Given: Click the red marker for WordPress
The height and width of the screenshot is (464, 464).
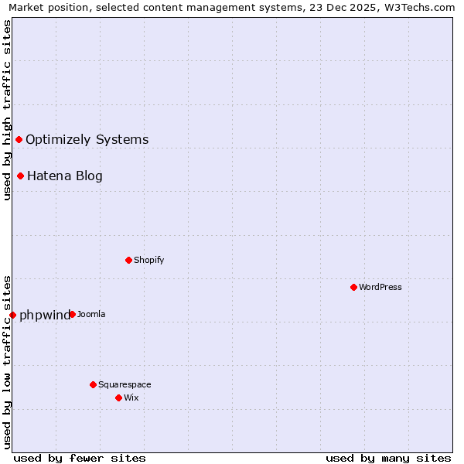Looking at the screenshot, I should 353,287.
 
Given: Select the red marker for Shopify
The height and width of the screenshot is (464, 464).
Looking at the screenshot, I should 128,260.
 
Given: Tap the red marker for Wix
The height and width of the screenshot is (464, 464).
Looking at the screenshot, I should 118,397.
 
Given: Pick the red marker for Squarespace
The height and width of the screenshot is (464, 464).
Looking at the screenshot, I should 93,384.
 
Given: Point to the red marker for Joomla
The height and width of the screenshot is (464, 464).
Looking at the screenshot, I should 72,314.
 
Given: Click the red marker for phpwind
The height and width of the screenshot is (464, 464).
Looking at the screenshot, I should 12,315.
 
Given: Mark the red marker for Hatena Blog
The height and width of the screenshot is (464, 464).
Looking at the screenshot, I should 20,176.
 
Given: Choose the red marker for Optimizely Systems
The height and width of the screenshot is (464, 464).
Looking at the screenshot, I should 19,139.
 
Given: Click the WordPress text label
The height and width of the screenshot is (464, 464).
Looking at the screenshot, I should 380,287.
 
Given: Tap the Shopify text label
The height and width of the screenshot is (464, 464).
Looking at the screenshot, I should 149,260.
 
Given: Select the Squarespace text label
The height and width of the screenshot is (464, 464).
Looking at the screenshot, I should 125,384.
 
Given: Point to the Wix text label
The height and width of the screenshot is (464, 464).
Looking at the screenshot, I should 131,397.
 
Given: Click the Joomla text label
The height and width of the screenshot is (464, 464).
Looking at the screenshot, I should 91,314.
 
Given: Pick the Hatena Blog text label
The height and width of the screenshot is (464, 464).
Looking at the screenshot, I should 65,176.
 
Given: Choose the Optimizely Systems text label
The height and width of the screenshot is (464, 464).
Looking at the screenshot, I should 87,139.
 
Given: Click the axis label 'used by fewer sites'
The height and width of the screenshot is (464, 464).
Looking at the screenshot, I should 80,458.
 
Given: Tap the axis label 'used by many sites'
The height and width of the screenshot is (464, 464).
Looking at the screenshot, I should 388,458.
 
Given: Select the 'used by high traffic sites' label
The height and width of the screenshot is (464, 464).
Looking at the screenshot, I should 7,110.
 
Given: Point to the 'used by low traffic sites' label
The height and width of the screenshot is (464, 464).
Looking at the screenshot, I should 7,361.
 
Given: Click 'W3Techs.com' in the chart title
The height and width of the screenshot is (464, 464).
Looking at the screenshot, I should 421,7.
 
